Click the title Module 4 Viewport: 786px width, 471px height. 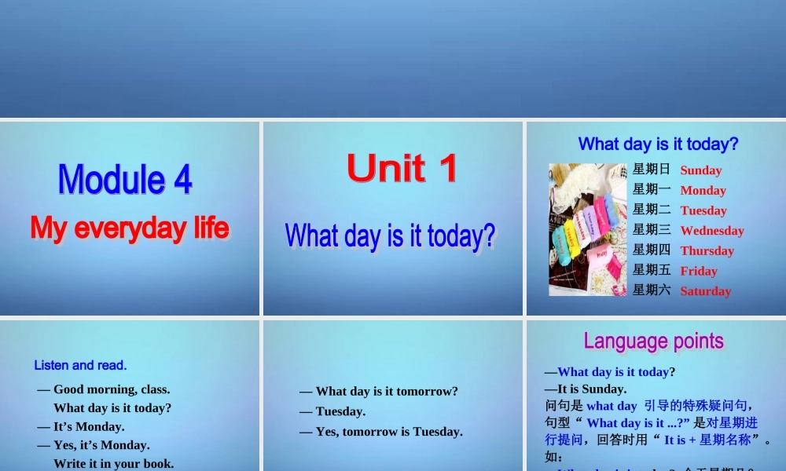125,180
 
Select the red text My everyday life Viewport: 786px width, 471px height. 130,228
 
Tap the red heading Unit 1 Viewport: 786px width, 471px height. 402,169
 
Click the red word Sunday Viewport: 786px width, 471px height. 700,170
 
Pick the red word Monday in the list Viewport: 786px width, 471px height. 703,190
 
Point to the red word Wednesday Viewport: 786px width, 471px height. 711,231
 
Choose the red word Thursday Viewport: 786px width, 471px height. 707,250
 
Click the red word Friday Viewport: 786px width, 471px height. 699,271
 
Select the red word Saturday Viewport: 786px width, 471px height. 705,291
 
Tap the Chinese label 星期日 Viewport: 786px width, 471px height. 652,169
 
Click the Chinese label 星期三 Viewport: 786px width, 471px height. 652,229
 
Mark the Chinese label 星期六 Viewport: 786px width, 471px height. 652,290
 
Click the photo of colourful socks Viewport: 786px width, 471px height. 587,229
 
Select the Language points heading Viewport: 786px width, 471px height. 653,341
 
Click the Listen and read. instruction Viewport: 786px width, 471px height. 80,365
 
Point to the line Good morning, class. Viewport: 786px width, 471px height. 103,389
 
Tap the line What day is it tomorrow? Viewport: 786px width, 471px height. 378,391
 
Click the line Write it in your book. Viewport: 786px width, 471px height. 113,463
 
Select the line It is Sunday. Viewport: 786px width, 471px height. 585,389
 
